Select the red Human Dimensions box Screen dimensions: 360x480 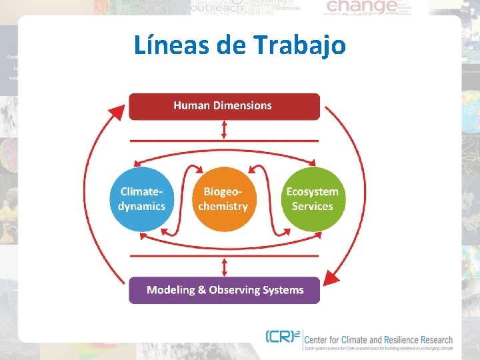click(x=224, y=106)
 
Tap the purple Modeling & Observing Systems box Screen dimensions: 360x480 click(x=224, y=290)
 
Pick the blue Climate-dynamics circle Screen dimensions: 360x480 click(x=141, y=199)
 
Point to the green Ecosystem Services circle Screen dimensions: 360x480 click(x=312, y=199)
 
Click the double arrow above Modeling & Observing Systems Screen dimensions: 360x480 click(x=225, y=267)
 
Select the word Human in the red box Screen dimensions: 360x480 click(x=192, y=105)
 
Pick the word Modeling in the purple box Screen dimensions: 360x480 click(x=171, y=290)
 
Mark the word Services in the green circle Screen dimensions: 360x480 click(x=312, y=206)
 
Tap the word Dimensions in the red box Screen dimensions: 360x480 click(x=242, y=105)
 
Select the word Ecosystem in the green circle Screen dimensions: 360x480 click(x=312, y=192)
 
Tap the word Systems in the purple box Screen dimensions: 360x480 click(x=285, y=290)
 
